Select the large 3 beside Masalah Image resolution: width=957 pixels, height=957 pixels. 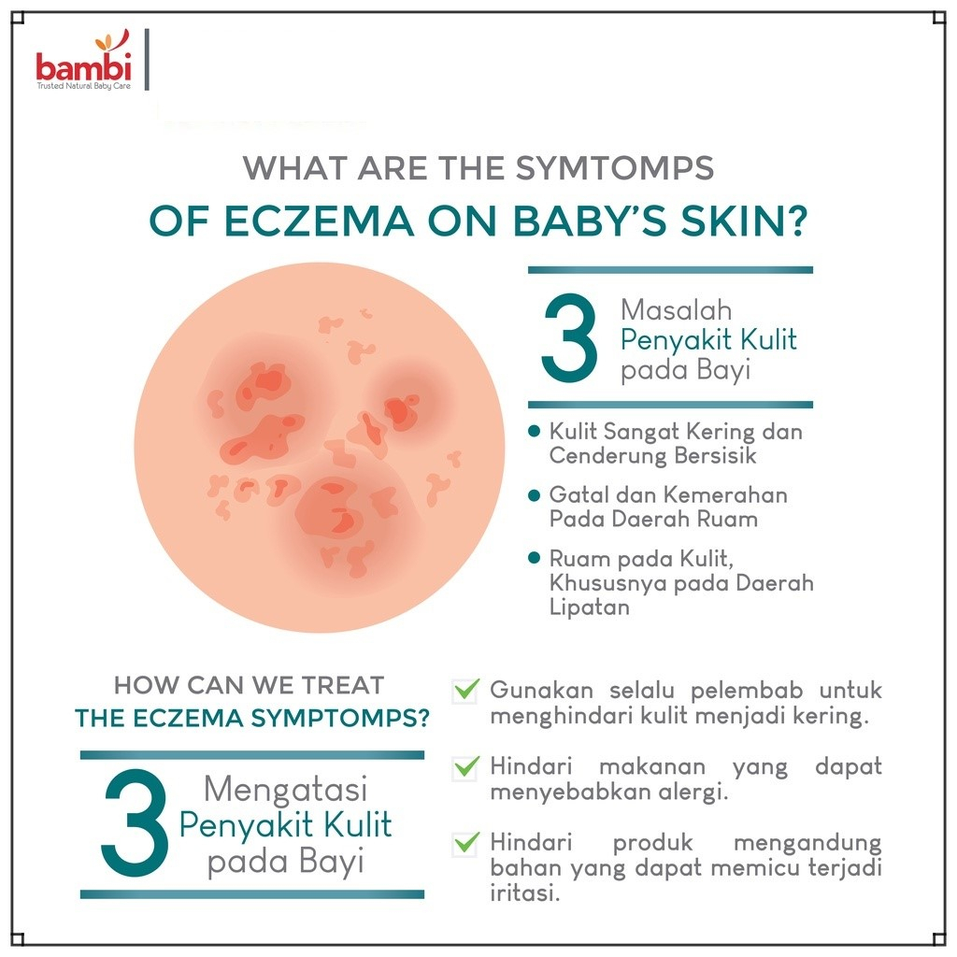click(x=569, y=339)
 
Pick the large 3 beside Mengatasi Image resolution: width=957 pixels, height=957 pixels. click(x=136, y=822)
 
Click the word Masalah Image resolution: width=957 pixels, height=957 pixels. click(x=676, y=309)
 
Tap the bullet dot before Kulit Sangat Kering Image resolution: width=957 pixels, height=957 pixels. click(x=534, y=432)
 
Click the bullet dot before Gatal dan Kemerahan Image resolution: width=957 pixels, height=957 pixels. click(x=534, y=494)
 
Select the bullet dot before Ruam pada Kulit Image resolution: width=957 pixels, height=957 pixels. click(x=534, y=558)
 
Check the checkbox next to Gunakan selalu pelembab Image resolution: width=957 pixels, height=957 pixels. click(x=464, y=692)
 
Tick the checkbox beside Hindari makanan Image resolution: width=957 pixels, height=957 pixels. click(x=464, y=767)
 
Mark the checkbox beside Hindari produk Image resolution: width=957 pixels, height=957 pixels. click(x=464, y=843)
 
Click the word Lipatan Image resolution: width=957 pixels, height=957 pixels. click(x=589, y=607)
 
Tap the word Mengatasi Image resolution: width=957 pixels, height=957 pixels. click(x=285, y=790)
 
